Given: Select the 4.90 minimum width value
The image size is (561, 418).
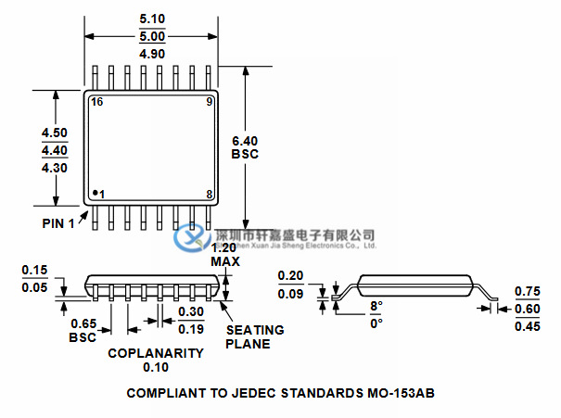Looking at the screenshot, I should [152, 55].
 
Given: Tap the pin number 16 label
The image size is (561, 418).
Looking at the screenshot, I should [96, 102].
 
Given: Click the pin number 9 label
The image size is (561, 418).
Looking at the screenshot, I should [210, 102].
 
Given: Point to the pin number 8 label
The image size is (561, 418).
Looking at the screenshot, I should [210, 194].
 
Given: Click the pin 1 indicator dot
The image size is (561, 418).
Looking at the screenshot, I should [95, 193].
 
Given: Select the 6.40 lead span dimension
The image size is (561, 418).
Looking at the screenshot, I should [245, 140].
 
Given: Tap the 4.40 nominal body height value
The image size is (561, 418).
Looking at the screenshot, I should [55, 149].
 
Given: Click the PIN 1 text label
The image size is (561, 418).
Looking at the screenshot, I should [58, 224].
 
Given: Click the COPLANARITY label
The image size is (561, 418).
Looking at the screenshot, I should [155, 353].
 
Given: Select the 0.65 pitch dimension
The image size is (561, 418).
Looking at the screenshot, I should [83, 324].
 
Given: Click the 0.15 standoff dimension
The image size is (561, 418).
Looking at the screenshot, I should [34, 270].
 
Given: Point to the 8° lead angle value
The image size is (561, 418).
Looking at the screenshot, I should [375, 306].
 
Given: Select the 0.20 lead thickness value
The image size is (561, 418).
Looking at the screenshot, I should [291, 276].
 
